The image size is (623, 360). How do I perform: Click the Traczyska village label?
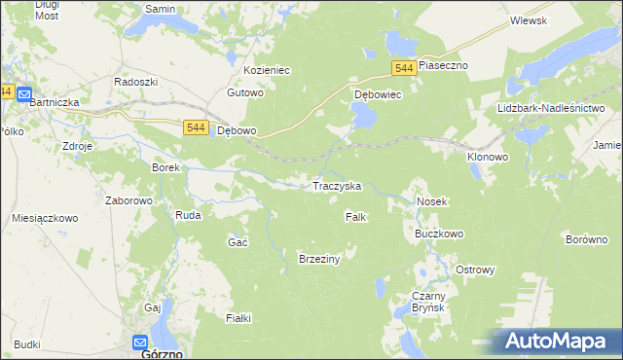(x=336, y=185)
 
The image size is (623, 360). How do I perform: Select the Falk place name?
(x=355, y=217)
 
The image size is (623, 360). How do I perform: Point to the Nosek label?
(x=431, y=201)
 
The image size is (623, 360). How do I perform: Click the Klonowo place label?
(x=487, y=156)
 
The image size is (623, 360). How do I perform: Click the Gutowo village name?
(x=245, y=93)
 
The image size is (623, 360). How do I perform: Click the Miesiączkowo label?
(x=45, y=219)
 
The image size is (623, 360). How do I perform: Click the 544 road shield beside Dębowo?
(x=195, y=127)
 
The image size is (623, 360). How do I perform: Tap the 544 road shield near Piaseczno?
(x=406, y=67)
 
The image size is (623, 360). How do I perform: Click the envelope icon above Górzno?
(x=140, y=342)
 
